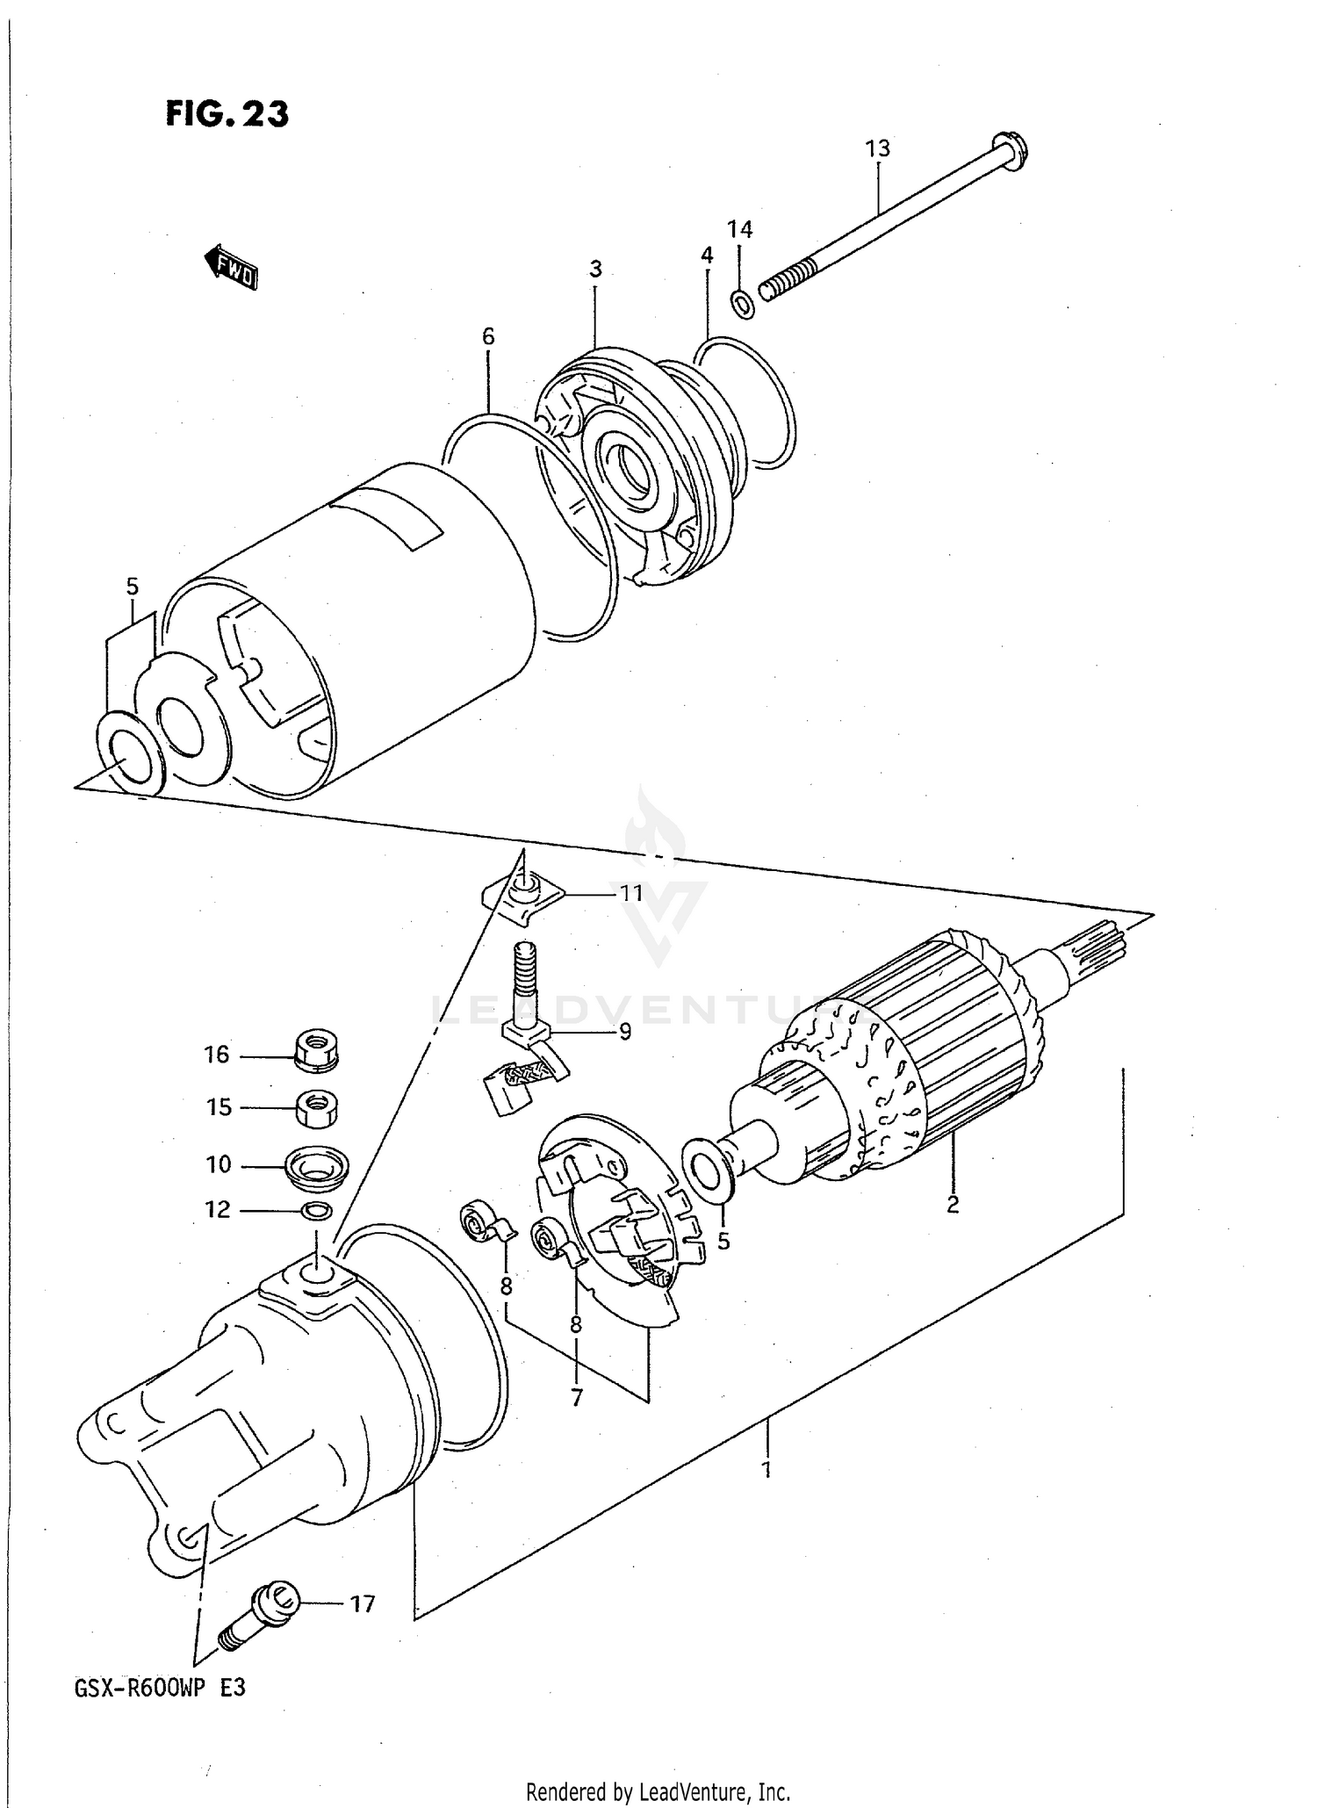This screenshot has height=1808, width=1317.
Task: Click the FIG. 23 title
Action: point(227,114)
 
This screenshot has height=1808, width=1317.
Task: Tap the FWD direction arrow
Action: point(231,268)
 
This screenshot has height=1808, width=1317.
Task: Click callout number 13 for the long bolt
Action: point(877,148)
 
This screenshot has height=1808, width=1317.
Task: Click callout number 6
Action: point(488,336)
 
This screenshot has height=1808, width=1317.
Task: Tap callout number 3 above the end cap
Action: point(595,269)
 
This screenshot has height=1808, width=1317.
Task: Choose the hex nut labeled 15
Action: point(316,1108)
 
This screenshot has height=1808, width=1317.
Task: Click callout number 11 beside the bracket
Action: point(631,893)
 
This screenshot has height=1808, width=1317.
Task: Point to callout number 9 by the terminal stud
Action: point(624,1031)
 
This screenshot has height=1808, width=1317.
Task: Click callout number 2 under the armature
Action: point(953,1204)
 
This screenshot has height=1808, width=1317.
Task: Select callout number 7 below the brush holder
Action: point(576,1396)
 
